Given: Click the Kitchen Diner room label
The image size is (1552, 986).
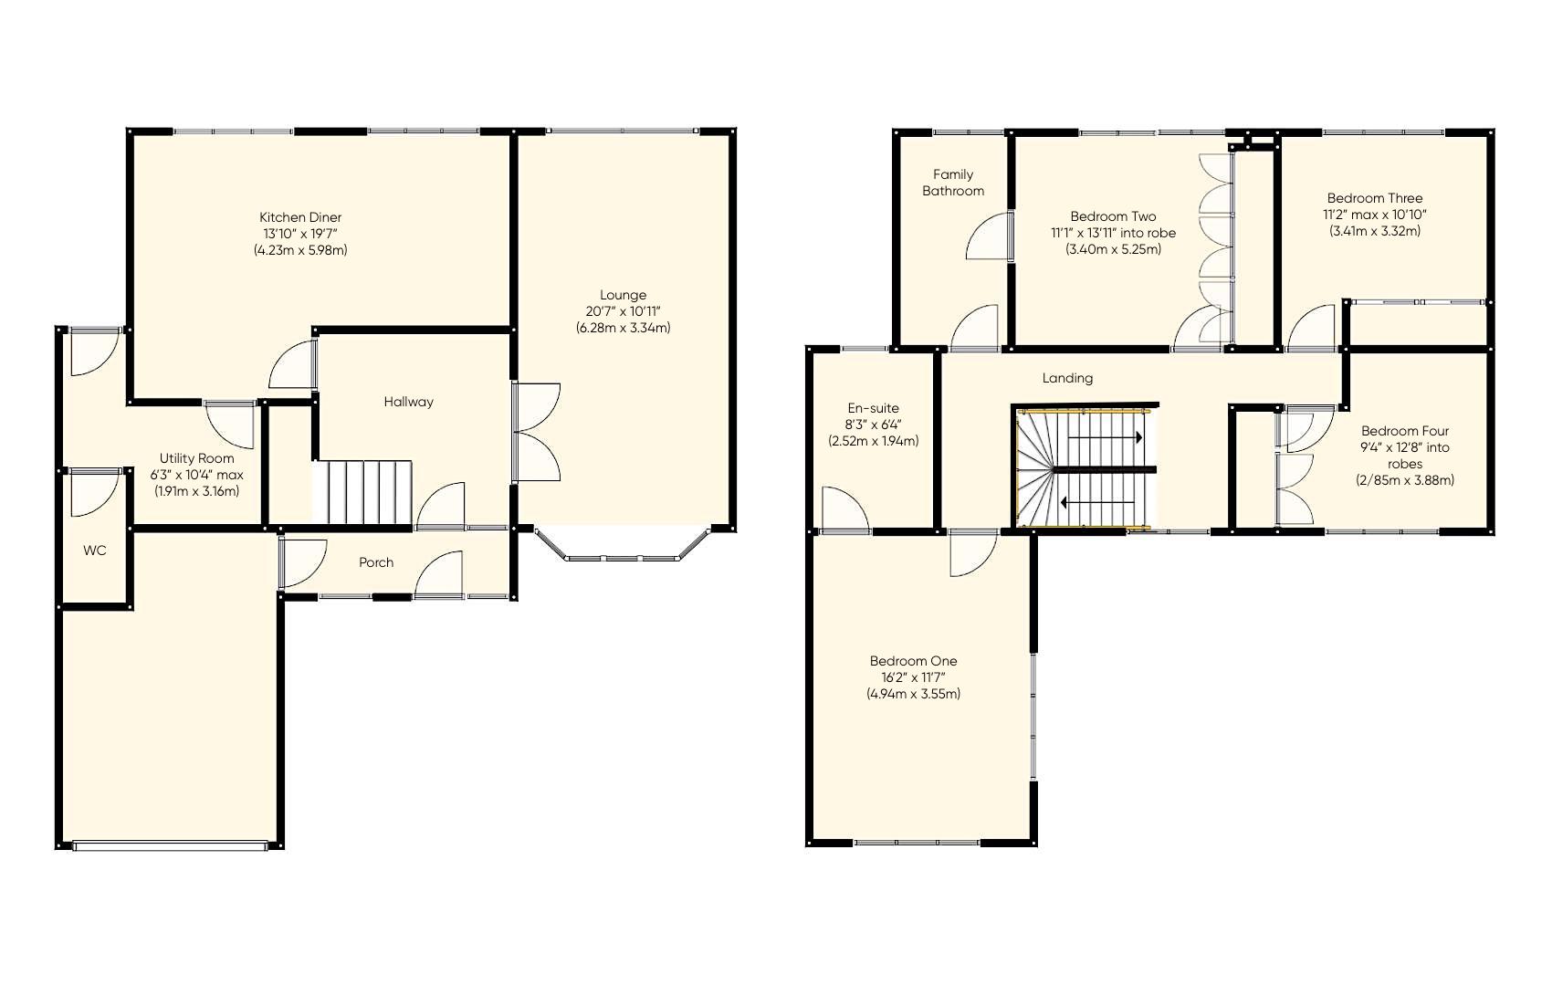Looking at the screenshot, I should [x=300, y=217].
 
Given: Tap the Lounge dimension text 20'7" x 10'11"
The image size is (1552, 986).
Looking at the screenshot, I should [x=623, y=311].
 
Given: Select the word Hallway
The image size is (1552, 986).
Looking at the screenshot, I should [x=408, y=402].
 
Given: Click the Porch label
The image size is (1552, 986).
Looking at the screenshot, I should [x=376, y=562].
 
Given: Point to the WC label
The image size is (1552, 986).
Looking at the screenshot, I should [x=95, y=551].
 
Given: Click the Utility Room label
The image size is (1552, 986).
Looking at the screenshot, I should [x=196, y=458].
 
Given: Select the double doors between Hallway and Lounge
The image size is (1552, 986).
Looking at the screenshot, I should [x=536, y=432].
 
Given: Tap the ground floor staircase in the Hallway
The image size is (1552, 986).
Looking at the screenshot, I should [x=363, y=493].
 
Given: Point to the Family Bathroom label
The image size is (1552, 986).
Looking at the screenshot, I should [x=953, y=183].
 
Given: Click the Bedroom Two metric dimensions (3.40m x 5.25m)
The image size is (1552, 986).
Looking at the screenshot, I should [x=1113, y=249].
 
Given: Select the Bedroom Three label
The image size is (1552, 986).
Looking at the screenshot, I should [x=1375, y=198].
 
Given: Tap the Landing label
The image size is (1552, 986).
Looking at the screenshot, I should [x=1067, y=378].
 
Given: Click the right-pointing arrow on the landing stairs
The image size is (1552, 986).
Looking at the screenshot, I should [x=1106, y=438].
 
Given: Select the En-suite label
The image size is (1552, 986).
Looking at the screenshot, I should [x=873, y=408].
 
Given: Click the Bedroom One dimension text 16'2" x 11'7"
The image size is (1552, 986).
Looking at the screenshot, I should [x=913, y=677].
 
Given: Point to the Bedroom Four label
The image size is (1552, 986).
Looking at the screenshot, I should [x=1405, y=431].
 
